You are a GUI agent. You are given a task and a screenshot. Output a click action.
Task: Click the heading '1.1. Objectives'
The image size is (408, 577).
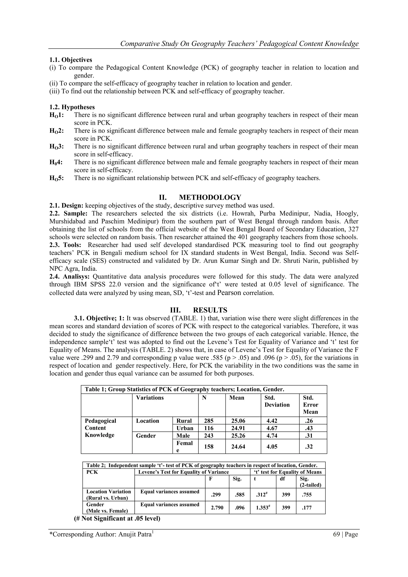71,60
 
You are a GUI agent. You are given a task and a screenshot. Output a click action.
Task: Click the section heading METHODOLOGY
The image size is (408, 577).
210,197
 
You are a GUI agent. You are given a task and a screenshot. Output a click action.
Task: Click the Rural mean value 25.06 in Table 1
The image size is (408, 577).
238,421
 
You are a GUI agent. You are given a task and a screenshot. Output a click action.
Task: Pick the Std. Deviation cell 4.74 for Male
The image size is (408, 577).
272,435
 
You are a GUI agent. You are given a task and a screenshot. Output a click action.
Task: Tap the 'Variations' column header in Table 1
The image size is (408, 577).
150,398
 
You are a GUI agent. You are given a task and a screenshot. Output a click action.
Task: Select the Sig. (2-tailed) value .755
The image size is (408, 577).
307,495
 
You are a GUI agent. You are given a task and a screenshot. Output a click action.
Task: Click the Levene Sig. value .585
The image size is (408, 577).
239,495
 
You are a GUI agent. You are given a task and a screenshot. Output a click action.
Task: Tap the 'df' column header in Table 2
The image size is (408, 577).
282,479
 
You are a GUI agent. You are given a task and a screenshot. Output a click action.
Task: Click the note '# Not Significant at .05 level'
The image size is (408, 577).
117,518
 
